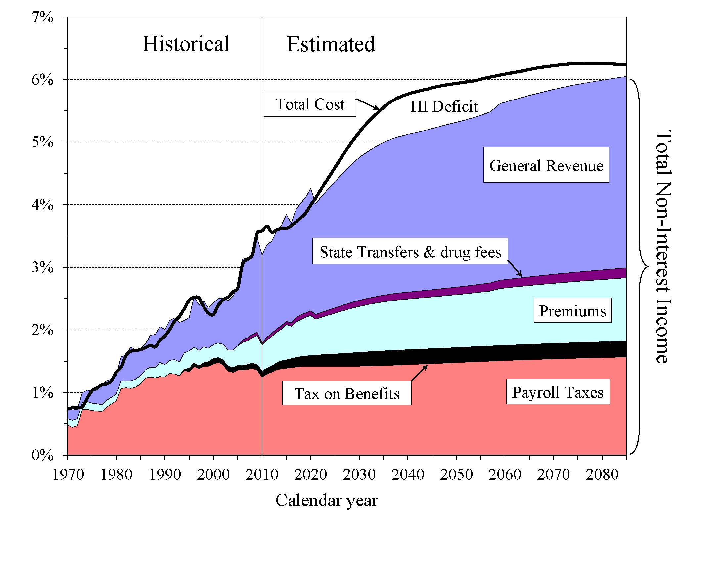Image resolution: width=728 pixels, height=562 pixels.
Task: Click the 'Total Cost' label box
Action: (310, 104)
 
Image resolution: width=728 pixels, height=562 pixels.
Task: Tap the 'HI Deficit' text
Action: (444, 106)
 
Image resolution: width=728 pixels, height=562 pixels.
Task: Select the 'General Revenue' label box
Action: (546, 166)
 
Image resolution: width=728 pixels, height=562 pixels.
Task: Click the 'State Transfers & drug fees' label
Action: (410, 252)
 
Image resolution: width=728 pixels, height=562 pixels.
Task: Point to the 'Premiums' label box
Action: (572, 311)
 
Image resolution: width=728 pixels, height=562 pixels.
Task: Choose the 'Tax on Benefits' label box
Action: (347, 393)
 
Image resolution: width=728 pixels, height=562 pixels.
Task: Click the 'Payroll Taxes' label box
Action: (558, 392)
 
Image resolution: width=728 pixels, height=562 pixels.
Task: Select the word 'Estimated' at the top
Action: (331, 44)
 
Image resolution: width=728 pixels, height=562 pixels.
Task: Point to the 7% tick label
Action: (42, 17)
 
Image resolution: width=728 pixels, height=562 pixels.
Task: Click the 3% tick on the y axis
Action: (42, 267)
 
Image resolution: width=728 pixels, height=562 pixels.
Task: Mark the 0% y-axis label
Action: (42, 455)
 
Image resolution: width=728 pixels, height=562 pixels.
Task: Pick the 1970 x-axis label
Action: (68, 474)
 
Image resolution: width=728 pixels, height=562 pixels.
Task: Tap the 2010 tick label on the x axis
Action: (262, 474)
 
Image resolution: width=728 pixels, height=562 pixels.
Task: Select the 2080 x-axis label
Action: (602, 474)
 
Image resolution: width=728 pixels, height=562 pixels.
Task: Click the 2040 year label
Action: (408, 474)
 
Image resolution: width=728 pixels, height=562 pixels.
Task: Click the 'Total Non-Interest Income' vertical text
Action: (663, 246)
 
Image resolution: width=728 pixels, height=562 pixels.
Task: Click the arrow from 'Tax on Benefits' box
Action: (419, 373)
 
